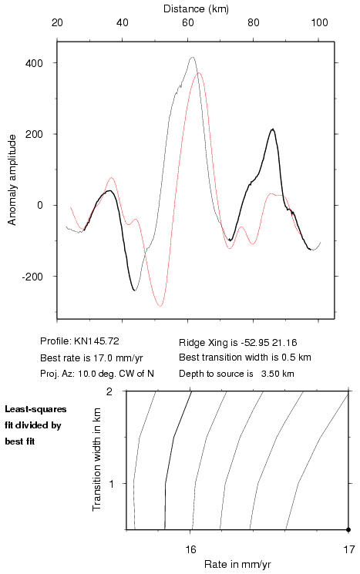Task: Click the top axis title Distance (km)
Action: (x=196, y=8)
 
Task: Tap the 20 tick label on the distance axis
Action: (x=57, y=22)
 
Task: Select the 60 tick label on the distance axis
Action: (x=188, y=22)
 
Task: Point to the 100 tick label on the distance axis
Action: (x=319, y=22)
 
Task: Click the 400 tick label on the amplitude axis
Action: (x=35, y=63)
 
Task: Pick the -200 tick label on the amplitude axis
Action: (x=32, y=277)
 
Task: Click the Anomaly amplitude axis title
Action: (x=12, y=180)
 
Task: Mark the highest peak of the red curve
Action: (x=199, y=73)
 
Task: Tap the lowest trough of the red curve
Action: (x=160, y=306)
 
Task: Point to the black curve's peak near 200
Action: (x=272, y=129)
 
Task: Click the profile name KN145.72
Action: (x=96, y=341)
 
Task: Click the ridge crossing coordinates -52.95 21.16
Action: (x=268, y=343)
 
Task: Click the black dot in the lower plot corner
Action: (x=348, y=529)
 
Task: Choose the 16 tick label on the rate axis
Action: (x=191, y=549)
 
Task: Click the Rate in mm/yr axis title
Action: (x=237, y=565)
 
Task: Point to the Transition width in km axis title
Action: (x=96, y=460)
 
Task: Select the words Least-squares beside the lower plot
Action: (x=35, y=409)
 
